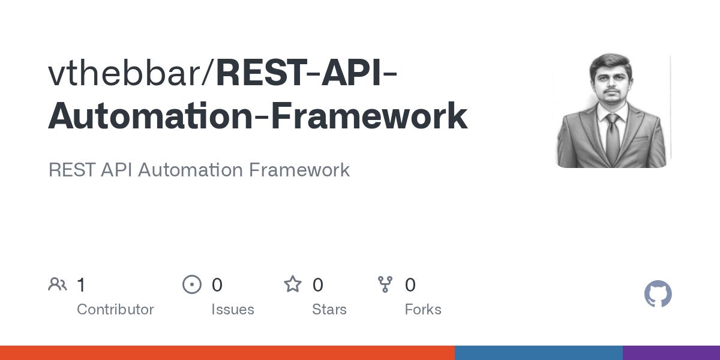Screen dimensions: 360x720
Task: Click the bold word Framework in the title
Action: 369,116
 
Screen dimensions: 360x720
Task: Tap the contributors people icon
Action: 58,284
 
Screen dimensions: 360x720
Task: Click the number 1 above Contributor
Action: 81,285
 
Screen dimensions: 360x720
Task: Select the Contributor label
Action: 115,310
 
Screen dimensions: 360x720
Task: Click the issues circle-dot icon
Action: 192,284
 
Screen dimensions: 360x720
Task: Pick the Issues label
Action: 232,310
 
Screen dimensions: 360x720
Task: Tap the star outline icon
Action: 293,284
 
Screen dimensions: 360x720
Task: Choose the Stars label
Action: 329,310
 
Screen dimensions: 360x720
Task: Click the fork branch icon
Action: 385,284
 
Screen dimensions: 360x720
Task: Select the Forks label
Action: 423,310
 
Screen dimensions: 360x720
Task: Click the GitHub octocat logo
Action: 658,295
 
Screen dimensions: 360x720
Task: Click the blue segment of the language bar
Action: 538,353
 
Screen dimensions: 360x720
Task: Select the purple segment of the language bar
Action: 671,353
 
